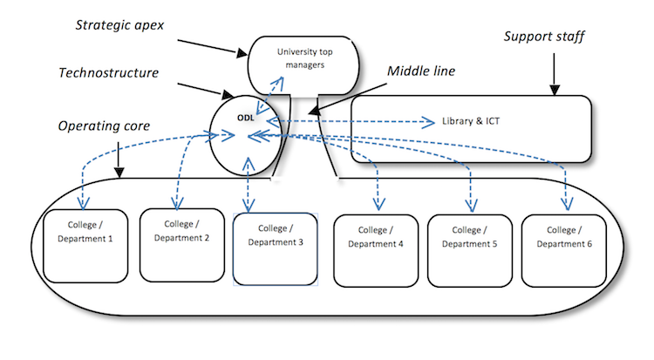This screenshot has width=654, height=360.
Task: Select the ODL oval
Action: tap(247, 133)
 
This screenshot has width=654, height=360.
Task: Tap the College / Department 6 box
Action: tap(563, 249)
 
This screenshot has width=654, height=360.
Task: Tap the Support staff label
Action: tap(544, 38)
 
